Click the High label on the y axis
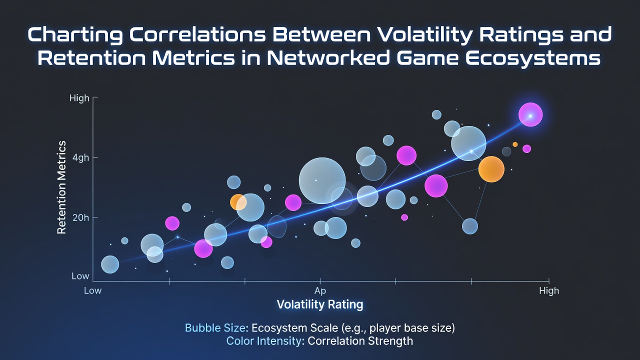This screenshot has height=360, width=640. [79, 98]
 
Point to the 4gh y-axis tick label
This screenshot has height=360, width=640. [80, 158]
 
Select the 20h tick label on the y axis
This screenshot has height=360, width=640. [80, 218]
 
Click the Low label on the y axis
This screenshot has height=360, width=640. [80, 276]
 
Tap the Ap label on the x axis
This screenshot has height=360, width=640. [320, 291]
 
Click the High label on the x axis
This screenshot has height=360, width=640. [549, 291]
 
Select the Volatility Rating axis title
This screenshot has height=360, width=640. [320, 304]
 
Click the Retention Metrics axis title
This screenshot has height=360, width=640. [61, 187]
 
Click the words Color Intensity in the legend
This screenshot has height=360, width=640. [264, 341]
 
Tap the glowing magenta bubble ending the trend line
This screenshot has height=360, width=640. [530, 115]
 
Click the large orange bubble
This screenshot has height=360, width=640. [491, 169]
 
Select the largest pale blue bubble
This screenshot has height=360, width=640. [322, 180]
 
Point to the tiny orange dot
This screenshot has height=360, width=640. [515, 144]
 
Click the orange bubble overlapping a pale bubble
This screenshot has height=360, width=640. [237, 202]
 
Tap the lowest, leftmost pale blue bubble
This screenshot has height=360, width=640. [110, 264]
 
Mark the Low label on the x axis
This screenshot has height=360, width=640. [93, 291]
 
